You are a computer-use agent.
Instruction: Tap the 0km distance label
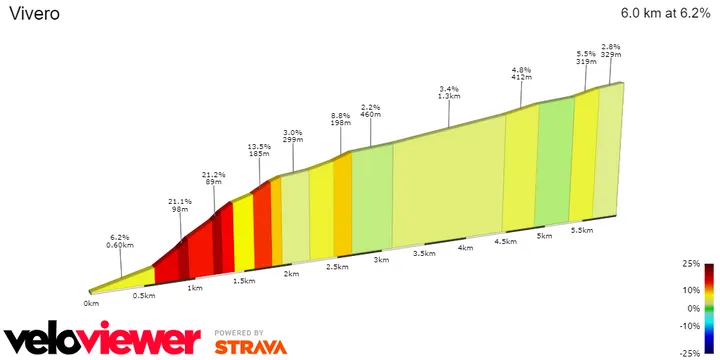(92, 303)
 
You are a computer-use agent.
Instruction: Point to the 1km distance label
(195, 288)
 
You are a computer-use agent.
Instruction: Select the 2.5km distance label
(337, 267)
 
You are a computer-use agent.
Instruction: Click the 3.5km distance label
(424, 254)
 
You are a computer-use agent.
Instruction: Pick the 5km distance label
(544, 237)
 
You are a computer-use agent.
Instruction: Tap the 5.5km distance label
(582, 230)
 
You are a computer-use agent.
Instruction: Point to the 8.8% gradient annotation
(341, 116)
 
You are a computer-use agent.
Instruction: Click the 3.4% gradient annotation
(449, 90)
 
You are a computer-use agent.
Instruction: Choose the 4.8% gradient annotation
(520, 70)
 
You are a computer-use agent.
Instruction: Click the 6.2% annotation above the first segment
(120, 237)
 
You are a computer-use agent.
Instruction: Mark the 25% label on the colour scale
(691, 265)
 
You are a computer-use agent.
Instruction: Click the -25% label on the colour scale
(689, 352)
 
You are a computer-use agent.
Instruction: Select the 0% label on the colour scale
(693, 309)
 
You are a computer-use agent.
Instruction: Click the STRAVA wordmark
(250, 347)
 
